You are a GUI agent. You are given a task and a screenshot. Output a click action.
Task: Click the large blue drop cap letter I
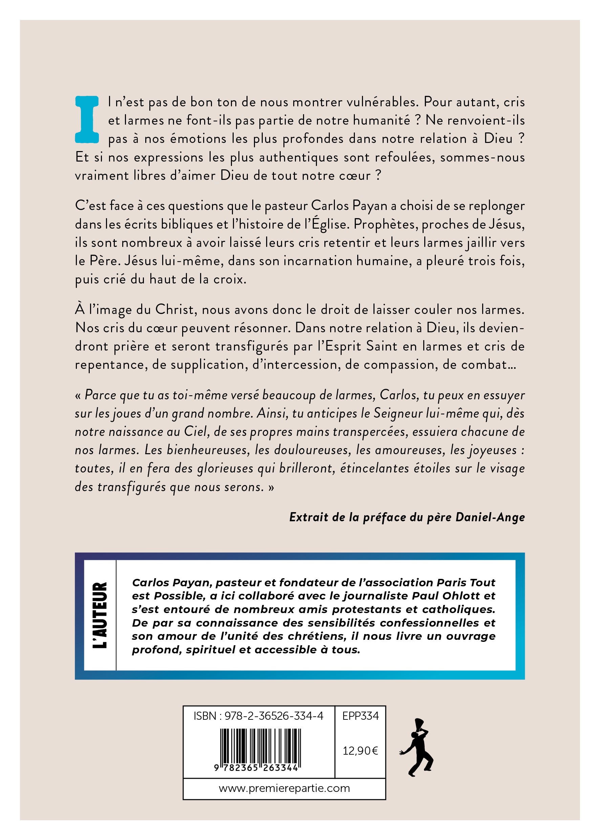tap(87, 119)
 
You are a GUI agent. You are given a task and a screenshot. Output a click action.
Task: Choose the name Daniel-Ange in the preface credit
tap(490, 517)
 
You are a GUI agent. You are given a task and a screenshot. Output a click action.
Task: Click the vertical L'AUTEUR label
tap(100, 615)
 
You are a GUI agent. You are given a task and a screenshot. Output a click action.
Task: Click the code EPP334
tap(360, 716)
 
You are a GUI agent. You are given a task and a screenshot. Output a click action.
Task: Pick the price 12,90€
tap(360, 751)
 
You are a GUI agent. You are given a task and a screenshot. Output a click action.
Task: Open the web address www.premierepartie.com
tap(284, 788)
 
